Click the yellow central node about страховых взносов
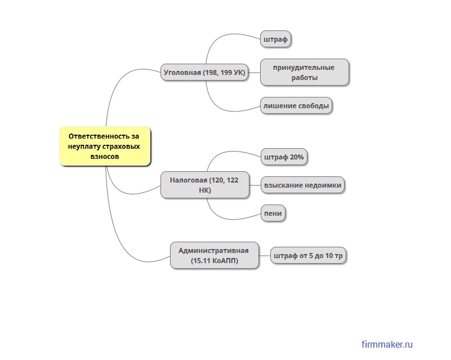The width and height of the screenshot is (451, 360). (x=105, y=146)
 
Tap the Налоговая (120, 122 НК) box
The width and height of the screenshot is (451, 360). (x=204, y=185)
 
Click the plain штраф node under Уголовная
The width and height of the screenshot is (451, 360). (x=275, y=39)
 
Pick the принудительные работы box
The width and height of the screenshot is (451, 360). (x=304, y=72)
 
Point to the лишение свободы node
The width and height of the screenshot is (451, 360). (x=296, y=106)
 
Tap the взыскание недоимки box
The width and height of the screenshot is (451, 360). (x=302, y=185)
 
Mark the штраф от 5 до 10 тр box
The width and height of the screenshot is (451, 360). (x=308, y=256)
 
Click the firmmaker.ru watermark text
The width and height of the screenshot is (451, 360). (x=388, y=344)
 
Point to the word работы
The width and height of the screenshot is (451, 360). (x=304, y=78)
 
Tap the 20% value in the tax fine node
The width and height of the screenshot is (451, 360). (x=297, y=157)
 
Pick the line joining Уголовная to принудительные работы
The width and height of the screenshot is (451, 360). (x=254, y=73)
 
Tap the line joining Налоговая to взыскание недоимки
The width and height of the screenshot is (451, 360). (x=255, y=185)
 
